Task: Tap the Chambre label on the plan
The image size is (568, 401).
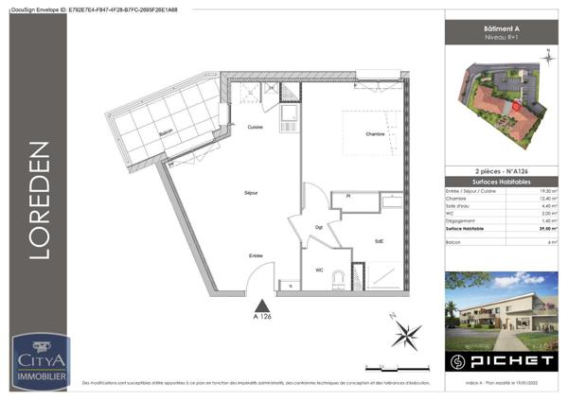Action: (x=375, y=135)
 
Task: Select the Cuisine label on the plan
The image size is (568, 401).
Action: (x=255, y=127)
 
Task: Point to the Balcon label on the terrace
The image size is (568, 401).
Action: (x=167, y=133)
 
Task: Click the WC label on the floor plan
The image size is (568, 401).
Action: (x=319, y=270)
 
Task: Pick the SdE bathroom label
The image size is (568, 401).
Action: (x=378, y=241)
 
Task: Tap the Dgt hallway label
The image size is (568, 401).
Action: (x=319, y=228)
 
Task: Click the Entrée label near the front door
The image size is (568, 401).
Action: (x=256, y=255)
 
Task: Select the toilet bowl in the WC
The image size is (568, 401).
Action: (x=356, y=277)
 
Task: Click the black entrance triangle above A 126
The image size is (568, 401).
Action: (x=262, y=305)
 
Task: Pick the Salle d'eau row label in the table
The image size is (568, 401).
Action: (x=460, y=206)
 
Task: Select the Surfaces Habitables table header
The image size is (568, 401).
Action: (x=498, y=181)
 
